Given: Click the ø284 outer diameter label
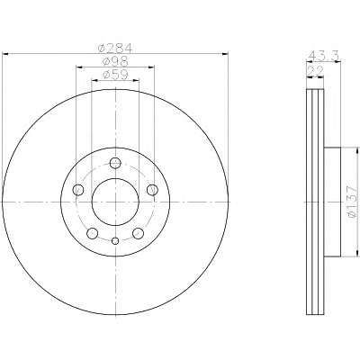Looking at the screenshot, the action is pos(115,49).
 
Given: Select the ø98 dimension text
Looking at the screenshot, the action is pos(115,61).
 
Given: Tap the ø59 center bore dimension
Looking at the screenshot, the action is pos(115,75).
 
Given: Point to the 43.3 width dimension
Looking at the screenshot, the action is pos(324,56).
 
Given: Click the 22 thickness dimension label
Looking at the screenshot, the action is pos(315,71).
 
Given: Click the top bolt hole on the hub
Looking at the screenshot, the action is pos(115,163).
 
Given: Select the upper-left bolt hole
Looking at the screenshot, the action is pos(78,190).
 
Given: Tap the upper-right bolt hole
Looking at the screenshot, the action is pos(152,190).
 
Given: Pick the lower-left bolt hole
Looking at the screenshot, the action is pos(93,233).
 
